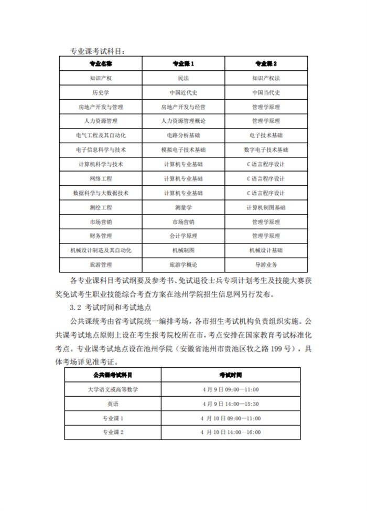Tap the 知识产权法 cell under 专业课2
tap(266, 79)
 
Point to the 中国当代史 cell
tap(266, 93)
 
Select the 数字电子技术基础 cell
tap(266, 150)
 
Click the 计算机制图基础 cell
tap(266, 207)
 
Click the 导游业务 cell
tap(266, 264)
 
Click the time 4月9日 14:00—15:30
tap(230, 404)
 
